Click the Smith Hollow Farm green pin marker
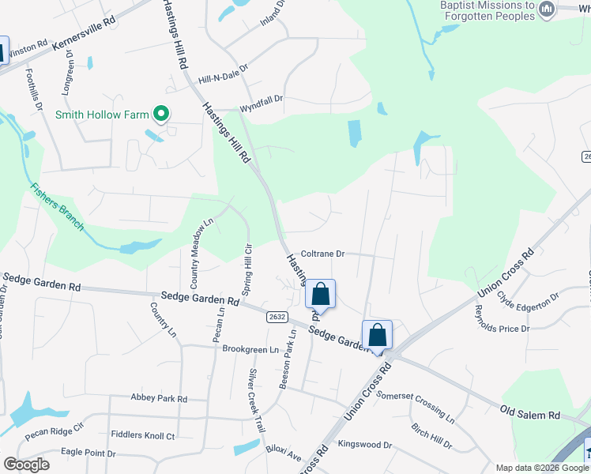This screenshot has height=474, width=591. coord(162,115)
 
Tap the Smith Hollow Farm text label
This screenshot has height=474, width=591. coord(101,115)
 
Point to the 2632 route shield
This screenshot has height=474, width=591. coord(277,316)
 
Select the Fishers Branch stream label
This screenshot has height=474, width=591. coord(57,207)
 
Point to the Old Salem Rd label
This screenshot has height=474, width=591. coord(530,413)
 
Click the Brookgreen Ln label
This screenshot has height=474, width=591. coord(250,348)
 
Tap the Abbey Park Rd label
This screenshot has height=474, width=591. coord(159,399)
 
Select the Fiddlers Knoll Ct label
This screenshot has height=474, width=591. coord(143,435)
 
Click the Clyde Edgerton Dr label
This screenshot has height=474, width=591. coord(528,301)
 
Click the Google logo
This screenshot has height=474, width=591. coord(26,465)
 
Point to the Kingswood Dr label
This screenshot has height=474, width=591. coord(364,445)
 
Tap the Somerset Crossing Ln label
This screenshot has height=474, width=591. coord(416,405)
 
